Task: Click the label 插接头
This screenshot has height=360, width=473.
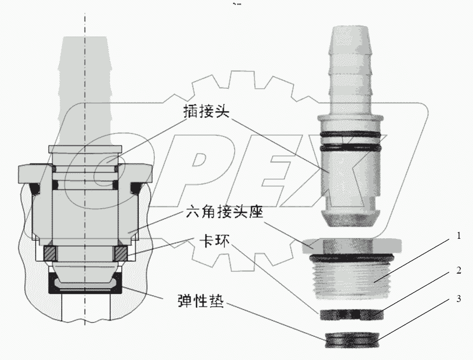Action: point(203,111)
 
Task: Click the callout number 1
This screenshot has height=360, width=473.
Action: point(458,236)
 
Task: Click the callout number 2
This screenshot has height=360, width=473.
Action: point(458,270)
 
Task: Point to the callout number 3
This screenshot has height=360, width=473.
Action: point(458,300)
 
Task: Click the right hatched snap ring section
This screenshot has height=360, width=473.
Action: point(121,253)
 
